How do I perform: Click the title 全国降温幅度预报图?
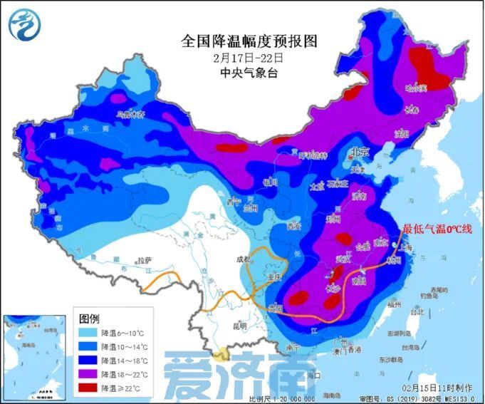(239, 41)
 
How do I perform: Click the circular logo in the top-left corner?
(24, 24)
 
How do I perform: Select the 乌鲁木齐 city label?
(130, 113)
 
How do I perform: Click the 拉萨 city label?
(145, 261)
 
